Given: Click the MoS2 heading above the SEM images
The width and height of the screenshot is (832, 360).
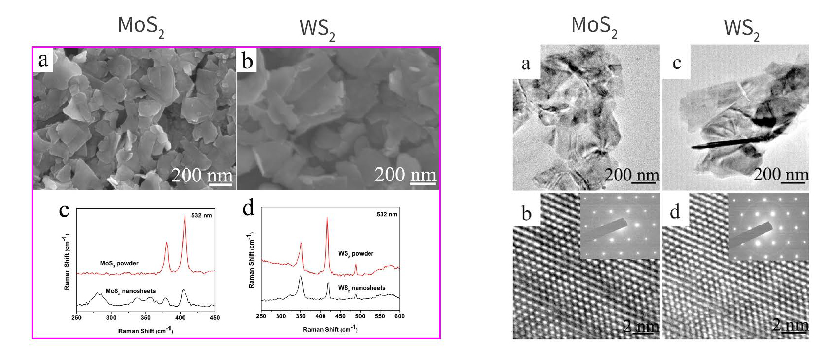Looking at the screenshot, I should pos(141,25).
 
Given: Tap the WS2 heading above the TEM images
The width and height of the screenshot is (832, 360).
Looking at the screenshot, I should pos(741,28).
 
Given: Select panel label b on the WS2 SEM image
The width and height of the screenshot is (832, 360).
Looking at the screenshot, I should pos(247,61).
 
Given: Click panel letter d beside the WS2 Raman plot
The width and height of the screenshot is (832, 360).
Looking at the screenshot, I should pos(249,208).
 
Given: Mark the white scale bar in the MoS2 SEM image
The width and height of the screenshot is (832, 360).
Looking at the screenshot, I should pos(220,184).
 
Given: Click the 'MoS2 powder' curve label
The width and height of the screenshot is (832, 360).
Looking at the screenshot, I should pos(119,263).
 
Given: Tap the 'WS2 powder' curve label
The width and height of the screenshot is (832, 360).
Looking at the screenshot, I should pos(356,253).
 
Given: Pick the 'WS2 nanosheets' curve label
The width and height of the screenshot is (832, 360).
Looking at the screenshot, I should pos(362,288).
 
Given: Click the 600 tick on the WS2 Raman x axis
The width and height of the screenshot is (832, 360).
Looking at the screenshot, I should pos(400,316).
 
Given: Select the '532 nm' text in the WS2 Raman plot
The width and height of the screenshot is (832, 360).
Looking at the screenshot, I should pos(387,214).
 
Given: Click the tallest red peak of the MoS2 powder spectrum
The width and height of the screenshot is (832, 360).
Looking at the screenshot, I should pos(185,217).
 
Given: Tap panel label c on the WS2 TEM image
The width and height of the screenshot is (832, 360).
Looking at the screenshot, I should pos(677,63).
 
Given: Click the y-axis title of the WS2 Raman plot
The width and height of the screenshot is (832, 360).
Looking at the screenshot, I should pos(252,260).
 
